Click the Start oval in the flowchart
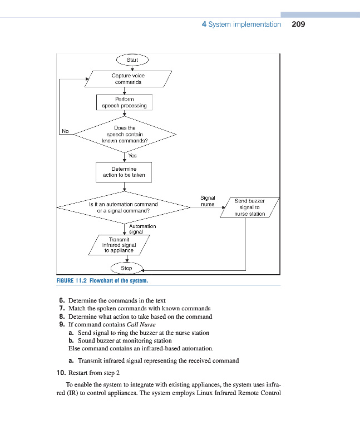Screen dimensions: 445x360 point(132,60)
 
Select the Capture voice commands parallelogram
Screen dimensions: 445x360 point(127,78)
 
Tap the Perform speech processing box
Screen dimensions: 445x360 point(124,102)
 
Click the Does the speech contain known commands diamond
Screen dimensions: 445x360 point(125,134)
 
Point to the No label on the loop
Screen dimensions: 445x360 point(65,131)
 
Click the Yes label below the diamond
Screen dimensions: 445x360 point(132,156)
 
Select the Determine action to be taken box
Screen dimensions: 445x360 point(124,172)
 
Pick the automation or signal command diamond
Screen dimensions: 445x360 point(124,207)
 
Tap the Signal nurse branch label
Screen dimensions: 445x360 point(208,201)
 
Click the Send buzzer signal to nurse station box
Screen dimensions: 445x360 point(249,207)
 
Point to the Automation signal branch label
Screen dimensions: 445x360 point(142,229)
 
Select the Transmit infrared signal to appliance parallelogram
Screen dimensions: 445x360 point(121,245)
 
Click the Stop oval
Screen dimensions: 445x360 point(126,268)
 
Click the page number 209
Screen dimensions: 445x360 point(298,24)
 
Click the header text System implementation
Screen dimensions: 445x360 point(244,24)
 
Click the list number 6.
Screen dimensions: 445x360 point(62,300)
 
